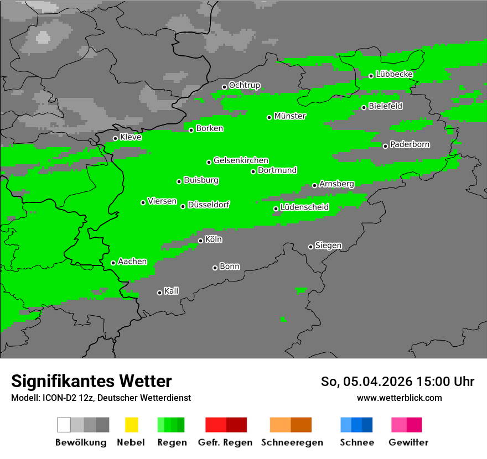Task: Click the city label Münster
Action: [x=290, y=116]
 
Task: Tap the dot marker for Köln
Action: [x=201, y=241]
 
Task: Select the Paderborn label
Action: [x=410, y=144]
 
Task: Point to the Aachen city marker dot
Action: [x=113, y=263]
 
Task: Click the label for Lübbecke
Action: [x=394, y=74]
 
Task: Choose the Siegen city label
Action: [x=328, y=246]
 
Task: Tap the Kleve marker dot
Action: [x=116, y=139]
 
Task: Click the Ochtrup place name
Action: [x=244, y=85]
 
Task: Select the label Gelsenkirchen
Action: [x=241, y=160]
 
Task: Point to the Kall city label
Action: [x=171, y=291]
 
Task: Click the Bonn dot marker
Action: [x=215, y=268]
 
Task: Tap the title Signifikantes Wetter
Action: [x=91, y=381]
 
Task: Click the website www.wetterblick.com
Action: [x=399, y=398]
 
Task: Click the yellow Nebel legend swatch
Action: [x=131, y=425]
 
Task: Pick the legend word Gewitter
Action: [x=408, y=442]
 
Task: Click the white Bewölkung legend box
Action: [x=64, y=425]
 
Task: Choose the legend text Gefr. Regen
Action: [x=225, y=442]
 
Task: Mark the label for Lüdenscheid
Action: [x=304, y=207]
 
